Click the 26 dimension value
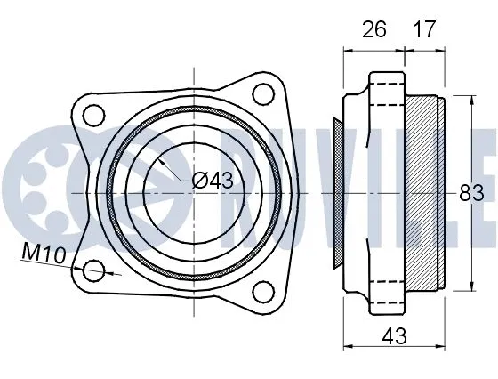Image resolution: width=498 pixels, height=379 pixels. pyautogui.click(x=373, y=30)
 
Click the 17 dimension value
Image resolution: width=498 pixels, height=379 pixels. pyautogui.click(x=424, y=30)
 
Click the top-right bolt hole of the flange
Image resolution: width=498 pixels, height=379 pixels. pyautogui.click(x=262, y=93)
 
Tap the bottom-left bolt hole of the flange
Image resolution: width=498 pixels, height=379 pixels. pyautogui.click(x=95, y=272)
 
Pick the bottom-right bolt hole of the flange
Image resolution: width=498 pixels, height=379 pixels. pyautogui.click(x=262, y=291)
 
